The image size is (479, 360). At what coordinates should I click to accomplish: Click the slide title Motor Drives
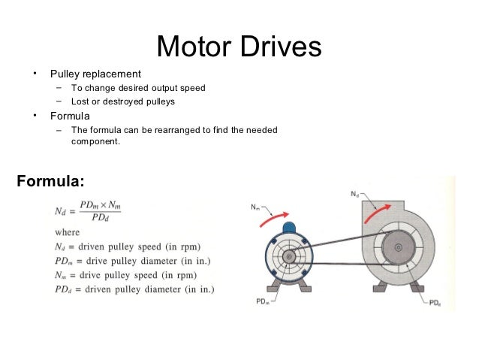pos(239,47)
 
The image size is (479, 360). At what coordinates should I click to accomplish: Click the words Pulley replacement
pos(95,74)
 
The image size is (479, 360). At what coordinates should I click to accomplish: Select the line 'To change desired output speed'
pos(137,88)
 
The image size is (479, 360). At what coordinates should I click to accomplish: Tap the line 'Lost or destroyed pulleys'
pos(122,101)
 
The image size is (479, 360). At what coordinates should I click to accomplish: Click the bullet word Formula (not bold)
pos(70,116)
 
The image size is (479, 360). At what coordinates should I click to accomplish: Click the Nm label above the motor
pos(255,207)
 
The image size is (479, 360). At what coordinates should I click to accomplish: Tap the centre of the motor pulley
pos(288,256)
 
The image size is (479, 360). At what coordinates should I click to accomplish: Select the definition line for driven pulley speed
pos(132,247)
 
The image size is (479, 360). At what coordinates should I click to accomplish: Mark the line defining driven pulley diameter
pos(135,289)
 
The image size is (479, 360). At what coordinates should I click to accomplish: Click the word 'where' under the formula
pos(67,233)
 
